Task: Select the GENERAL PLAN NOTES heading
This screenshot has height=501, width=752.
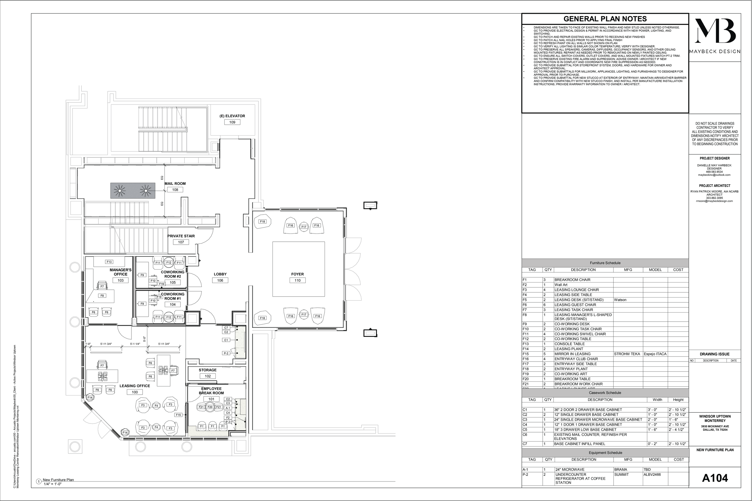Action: tap(605, 19)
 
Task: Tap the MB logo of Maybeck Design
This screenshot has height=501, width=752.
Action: tap(715, 31)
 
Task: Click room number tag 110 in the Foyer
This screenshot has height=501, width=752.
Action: tap(297, 280)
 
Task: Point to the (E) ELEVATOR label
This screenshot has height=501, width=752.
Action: tap(232, 116)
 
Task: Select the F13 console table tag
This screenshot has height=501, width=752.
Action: tap(109, 262)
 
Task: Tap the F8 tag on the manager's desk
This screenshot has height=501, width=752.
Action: tap(102, 295)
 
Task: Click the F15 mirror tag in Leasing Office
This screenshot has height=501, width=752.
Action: tap(178, 415)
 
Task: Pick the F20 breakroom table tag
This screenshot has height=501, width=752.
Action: tap(210, 407)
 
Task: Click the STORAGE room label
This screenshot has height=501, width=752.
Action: tap(208, 370)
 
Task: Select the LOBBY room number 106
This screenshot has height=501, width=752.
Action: tap(220, 280)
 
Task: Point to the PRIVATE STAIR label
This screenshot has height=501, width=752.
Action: tap(181, 236)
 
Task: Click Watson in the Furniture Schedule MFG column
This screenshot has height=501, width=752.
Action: tap(620, 300)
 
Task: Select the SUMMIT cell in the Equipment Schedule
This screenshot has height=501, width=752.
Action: tap(621, 475)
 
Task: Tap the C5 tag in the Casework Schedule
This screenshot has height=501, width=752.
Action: tap(525, 429)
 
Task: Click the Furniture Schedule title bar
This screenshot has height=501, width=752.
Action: tap(605, 263)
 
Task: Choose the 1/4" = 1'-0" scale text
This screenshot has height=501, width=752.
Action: tap(52, 484)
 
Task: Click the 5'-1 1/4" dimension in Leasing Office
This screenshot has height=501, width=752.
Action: tap(135, 344)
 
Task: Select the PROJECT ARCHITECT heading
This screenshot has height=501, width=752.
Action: tap(715, 186)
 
